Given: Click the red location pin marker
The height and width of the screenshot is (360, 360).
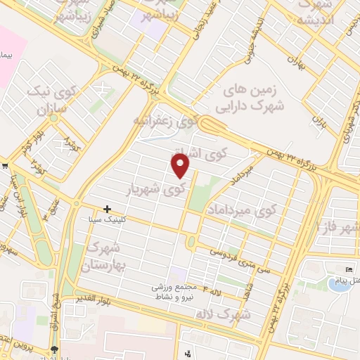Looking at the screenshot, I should (x=181, y=165).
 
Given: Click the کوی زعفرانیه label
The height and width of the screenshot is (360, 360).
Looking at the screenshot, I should (x=166, y=121).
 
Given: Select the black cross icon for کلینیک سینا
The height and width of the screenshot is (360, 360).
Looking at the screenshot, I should (x=107, y=209).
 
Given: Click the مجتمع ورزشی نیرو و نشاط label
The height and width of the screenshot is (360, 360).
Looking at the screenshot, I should (x=170, y=292).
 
